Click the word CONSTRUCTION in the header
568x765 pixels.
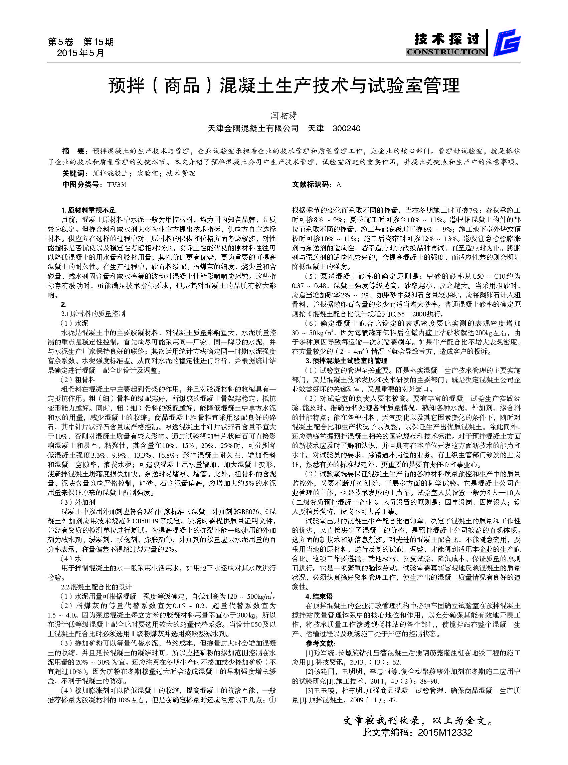click(x=446, y=52)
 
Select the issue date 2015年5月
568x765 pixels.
click(x=80, y=53)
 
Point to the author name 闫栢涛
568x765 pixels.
click(x=283, y=115)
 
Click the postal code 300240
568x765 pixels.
click(x=346, y=129)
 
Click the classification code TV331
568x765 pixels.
click(x=117, y=185)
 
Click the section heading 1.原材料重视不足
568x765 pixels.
click(x=88, y=210)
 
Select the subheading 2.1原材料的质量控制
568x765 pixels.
click(x=93, y=314)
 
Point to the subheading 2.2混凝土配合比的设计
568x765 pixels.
click(x=97, y=587)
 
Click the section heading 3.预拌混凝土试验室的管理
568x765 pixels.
click(x=346, y=361)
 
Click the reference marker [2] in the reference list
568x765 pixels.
click(x=309, y=672)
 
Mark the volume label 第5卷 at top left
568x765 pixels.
click(x=61, y=42)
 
